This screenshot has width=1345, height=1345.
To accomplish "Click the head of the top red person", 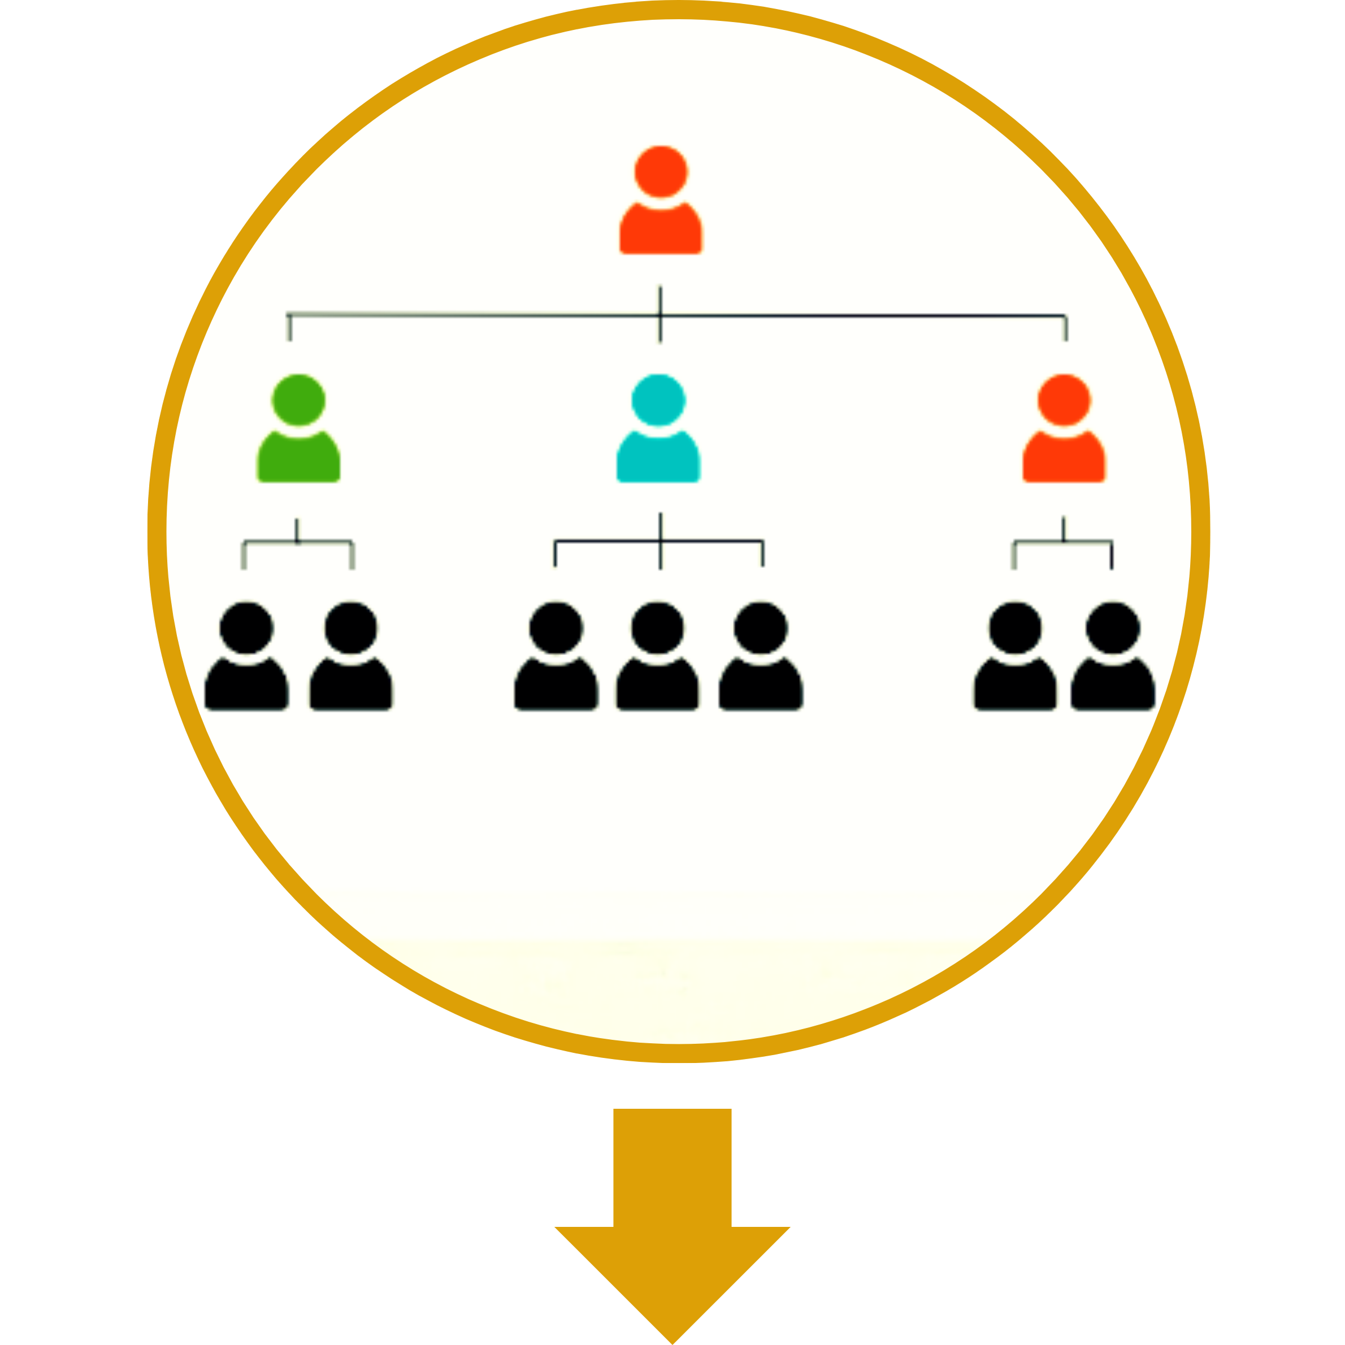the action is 661,171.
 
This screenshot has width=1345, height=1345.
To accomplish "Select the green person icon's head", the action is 298,400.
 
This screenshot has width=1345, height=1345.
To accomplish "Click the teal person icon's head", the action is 658,400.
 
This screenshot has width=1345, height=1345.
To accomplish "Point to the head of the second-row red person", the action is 1064,400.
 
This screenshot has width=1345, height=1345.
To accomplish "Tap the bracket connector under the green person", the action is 297,541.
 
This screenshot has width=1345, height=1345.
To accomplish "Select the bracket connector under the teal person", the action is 660,541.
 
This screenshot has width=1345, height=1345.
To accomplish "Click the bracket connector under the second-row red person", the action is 1063,541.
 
